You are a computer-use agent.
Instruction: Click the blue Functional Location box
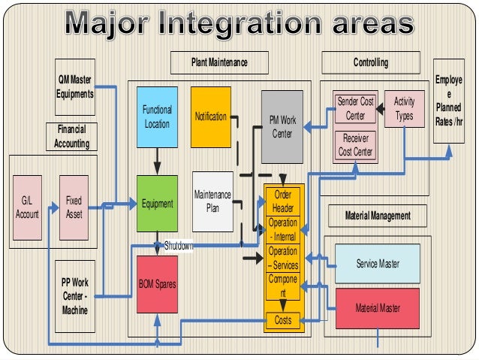(x=157, y=116)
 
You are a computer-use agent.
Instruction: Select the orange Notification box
(x=210, y=116)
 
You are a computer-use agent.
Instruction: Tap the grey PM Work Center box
(x=282, y=126)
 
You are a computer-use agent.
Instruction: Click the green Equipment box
(x=157, y=203)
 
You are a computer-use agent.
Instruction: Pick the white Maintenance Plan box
(x=212, y=201)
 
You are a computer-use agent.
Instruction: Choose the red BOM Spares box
(x=157, y=285)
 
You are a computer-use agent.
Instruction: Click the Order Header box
(x=282, y=201)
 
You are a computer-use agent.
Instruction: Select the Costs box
(x=282, y=320)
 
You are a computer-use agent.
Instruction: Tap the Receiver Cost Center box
(x=355, y=145)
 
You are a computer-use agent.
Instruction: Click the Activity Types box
(x=404, y=109)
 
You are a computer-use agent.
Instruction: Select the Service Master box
(x=377, y=265)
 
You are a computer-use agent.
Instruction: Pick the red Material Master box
(x=377, y=308)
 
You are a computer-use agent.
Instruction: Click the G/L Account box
(x=27, y=207)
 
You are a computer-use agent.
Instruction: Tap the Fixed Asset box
(x=74, y=207)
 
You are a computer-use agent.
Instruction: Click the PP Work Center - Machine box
(x=75, y=296)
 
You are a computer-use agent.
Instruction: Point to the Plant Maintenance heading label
(x=219, y=62)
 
